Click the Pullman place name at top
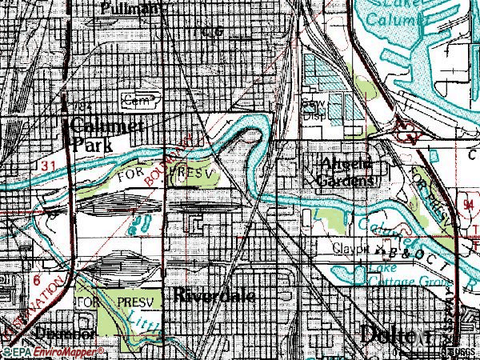(131, 8)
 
